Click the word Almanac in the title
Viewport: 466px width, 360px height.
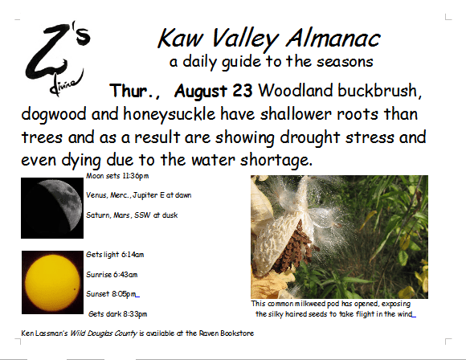(333, 39)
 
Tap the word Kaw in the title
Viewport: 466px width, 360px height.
(180, 39)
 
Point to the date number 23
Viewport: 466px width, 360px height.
(243, 90)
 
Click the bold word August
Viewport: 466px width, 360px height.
(201, 92)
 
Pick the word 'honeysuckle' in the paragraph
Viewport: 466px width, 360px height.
(169, 114)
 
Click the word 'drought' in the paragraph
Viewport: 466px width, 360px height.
(310, 137)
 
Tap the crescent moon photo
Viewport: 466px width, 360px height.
(52, 208)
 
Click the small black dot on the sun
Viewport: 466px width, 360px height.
(74, 289)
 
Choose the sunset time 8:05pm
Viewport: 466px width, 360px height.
(124, 294)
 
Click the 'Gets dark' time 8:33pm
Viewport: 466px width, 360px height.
(135, 314)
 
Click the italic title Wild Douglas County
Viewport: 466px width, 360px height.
(104, 333)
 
